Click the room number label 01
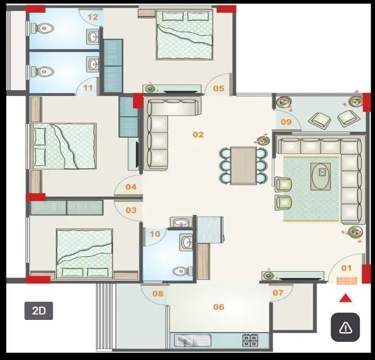tap(346, 268)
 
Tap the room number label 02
tap(198, 135)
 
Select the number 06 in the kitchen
tap(219, 307)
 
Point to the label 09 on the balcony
tap(287, 122)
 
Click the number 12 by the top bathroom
tap(92, 17)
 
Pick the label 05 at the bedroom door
tap(218, 89)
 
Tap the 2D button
tap(39, 311)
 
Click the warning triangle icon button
tap(345, 328)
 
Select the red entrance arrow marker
tap(345, 297)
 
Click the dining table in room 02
tap(243, 165)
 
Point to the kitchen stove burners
tap(249, 341)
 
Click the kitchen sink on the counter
tap(191, 341)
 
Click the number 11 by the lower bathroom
tap(89, 88)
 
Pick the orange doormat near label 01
tap(345, 280)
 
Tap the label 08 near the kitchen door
tap(158, 294)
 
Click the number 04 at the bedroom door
tap(131, 187)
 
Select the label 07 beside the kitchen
tap(278, 293)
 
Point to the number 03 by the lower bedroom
tap(131, 210)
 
